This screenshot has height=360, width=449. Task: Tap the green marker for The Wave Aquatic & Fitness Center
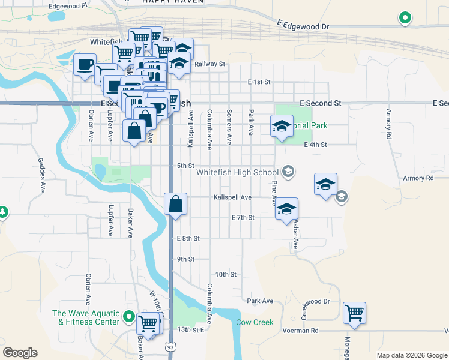coord(128,316)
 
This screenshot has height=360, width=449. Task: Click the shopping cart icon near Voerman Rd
coord(355,312)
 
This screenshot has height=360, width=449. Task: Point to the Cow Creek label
coord(255,322)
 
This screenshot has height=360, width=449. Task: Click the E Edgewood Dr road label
coord(304,27)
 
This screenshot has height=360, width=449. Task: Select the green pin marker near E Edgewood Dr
coord(405,18)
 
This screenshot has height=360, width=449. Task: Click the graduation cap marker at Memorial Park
coord(282,127)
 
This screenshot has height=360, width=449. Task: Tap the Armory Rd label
coord(418,178)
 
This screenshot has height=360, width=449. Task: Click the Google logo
coord(20,353)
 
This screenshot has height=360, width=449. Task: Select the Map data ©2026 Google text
coord(412,355)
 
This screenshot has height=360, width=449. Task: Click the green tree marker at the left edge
coord(2,212)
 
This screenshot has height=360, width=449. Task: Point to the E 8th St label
coord(188,238)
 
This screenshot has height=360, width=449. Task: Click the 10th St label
coord(226,274)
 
